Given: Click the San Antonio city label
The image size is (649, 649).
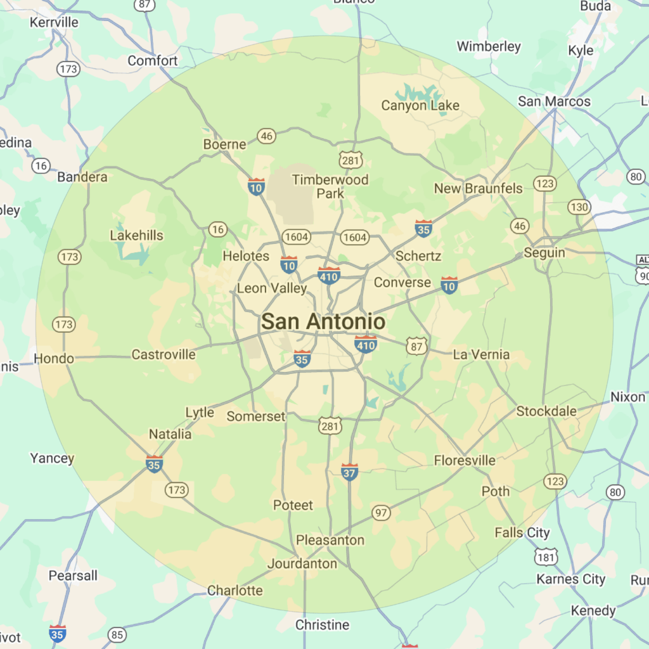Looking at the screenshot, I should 323,322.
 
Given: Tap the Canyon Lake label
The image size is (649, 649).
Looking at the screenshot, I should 420,106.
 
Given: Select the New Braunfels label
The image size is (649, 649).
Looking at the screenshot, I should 479,188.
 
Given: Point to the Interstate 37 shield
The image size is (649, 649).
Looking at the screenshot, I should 349,472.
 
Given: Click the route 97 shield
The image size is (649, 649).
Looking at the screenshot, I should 381,513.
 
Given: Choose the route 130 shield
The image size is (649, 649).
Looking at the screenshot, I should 579,207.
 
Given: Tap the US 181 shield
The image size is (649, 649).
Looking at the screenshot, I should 546,558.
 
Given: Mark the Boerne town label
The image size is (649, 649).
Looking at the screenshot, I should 224,145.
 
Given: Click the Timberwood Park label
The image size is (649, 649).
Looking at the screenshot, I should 330,186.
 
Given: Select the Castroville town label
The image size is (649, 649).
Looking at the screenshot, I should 164,354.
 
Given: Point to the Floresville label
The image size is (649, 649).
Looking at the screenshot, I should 465,461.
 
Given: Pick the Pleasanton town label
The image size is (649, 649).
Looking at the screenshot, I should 330,540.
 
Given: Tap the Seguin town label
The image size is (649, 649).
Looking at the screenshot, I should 544,253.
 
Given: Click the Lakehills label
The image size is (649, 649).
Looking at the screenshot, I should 136,236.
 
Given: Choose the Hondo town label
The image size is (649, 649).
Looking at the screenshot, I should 54,358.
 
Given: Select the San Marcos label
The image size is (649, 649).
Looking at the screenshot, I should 554,101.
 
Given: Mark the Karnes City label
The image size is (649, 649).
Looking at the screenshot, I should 571,579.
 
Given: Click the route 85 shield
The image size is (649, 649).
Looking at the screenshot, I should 117,634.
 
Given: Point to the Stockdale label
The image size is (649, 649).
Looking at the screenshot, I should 546,411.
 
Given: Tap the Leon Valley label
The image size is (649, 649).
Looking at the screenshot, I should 272,288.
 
